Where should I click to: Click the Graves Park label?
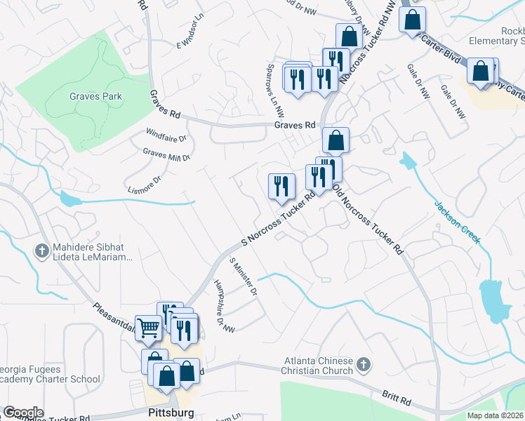tap(95, 96)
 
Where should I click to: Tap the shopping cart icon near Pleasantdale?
tap(148, 327)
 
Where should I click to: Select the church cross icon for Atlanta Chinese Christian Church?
tap(362, 364)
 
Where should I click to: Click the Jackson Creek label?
tap(457, 222)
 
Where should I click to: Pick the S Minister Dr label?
tap(244, 277)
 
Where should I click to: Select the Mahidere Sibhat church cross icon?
tap(42, 250)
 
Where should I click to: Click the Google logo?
tap(22, 413)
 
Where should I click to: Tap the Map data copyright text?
tap(495, 415)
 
